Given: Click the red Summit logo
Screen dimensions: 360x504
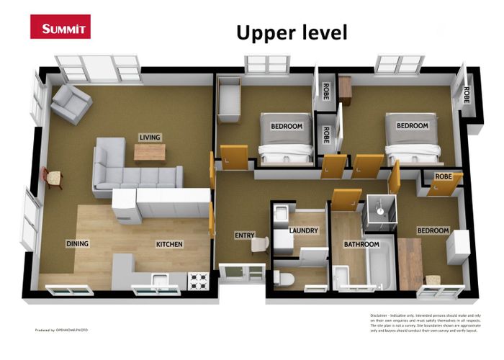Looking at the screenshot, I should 60,27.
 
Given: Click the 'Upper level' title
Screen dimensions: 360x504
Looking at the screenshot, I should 292,32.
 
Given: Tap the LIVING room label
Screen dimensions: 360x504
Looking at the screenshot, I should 150,137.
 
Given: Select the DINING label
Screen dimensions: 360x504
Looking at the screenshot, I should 77,243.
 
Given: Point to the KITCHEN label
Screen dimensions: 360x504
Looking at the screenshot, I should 169,244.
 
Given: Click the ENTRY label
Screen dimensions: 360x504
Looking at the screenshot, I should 244,235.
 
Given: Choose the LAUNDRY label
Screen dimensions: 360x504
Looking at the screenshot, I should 303,231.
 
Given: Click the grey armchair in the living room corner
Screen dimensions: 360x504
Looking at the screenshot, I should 71,103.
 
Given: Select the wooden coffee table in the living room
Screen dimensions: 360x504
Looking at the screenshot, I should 150,152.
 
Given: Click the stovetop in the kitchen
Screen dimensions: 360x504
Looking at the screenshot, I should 198,280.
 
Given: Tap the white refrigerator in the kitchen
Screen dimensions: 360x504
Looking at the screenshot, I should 124,207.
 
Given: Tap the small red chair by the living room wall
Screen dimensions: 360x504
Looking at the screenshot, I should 53,176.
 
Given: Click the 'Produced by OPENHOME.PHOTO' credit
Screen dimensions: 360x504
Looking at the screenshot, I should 62,330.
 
